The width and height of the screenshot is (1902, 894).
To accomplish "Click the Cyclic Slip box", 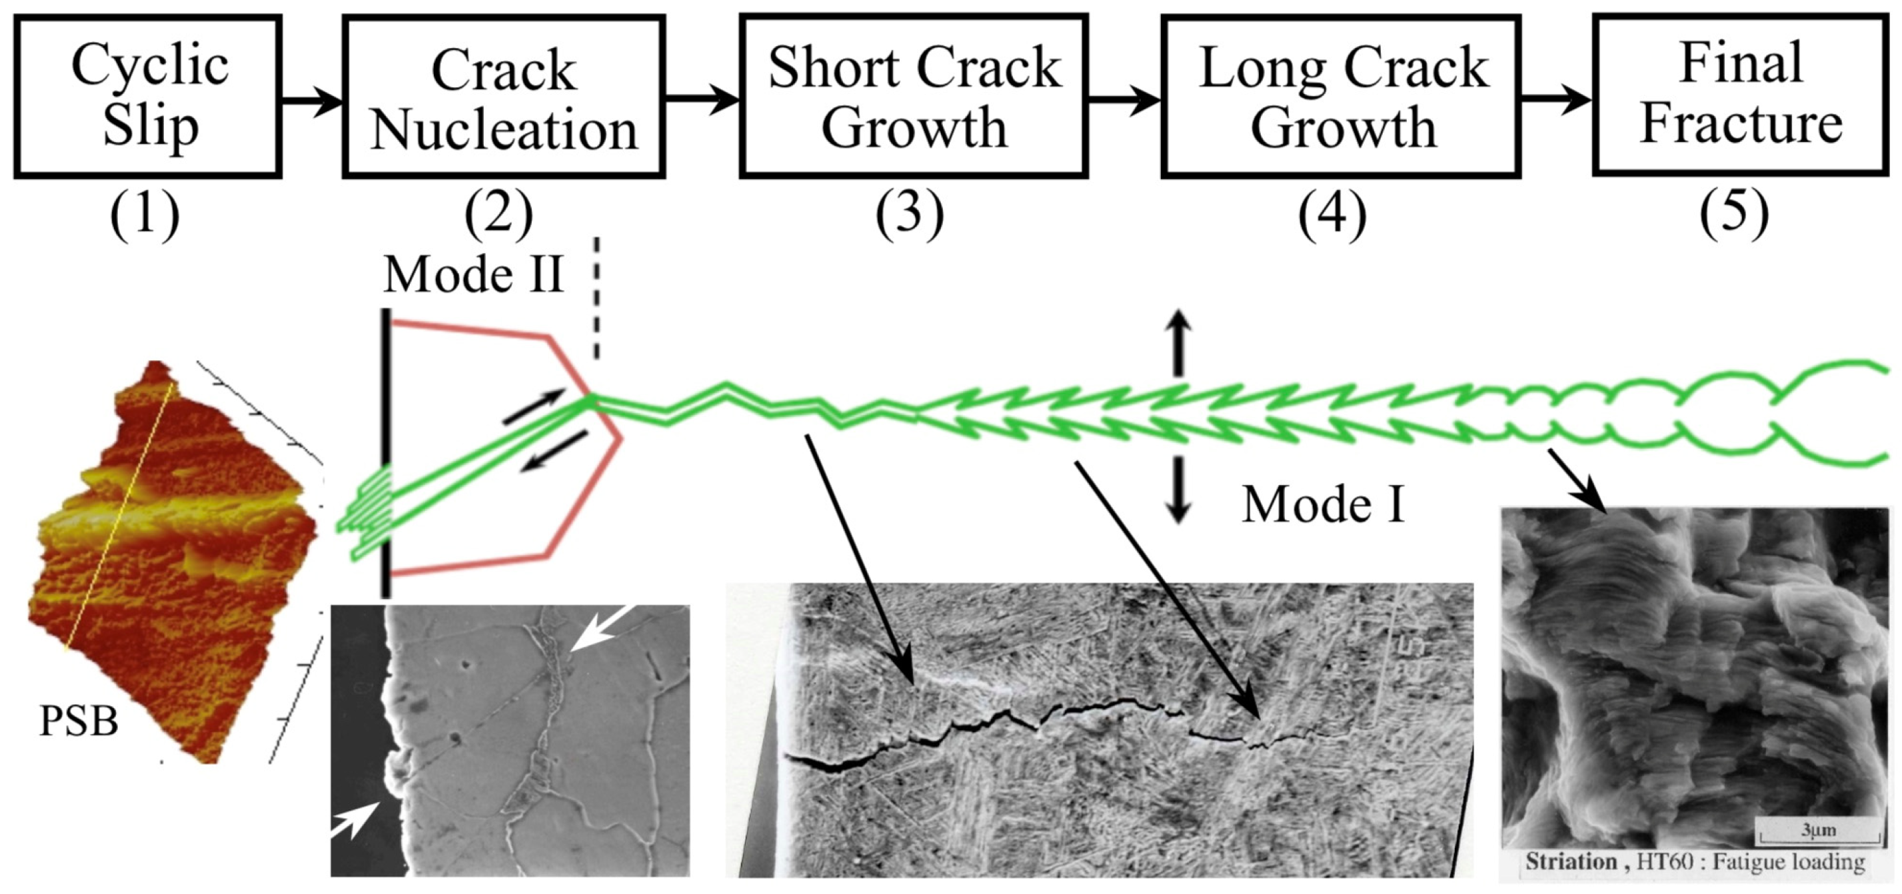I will pos(148,97).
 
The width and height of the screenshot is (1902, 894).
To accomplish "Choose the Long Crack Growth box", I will pos(1341,97).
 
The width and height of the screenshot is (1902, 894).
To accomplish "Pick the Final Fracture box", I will pos(1739,95).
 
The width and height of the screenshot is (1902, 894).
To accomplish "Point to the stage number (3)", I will pos(909,213).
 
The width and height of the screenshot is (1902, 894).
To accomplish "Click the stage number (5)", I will pos(1733,212).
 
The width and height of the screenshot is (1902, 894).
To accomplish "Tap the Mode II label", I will pos(473,274).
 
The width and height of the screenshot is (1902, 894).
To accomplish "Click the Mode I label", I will pos(1322,506).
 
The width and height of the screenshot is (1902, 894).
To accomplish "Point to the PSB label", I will pos(78,721).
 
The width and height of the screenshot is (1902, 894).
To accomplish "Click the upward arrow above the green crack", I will pos(1178,342).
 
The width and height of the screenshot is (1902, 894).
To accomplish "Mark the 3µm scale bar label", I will pos(1818,830).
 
